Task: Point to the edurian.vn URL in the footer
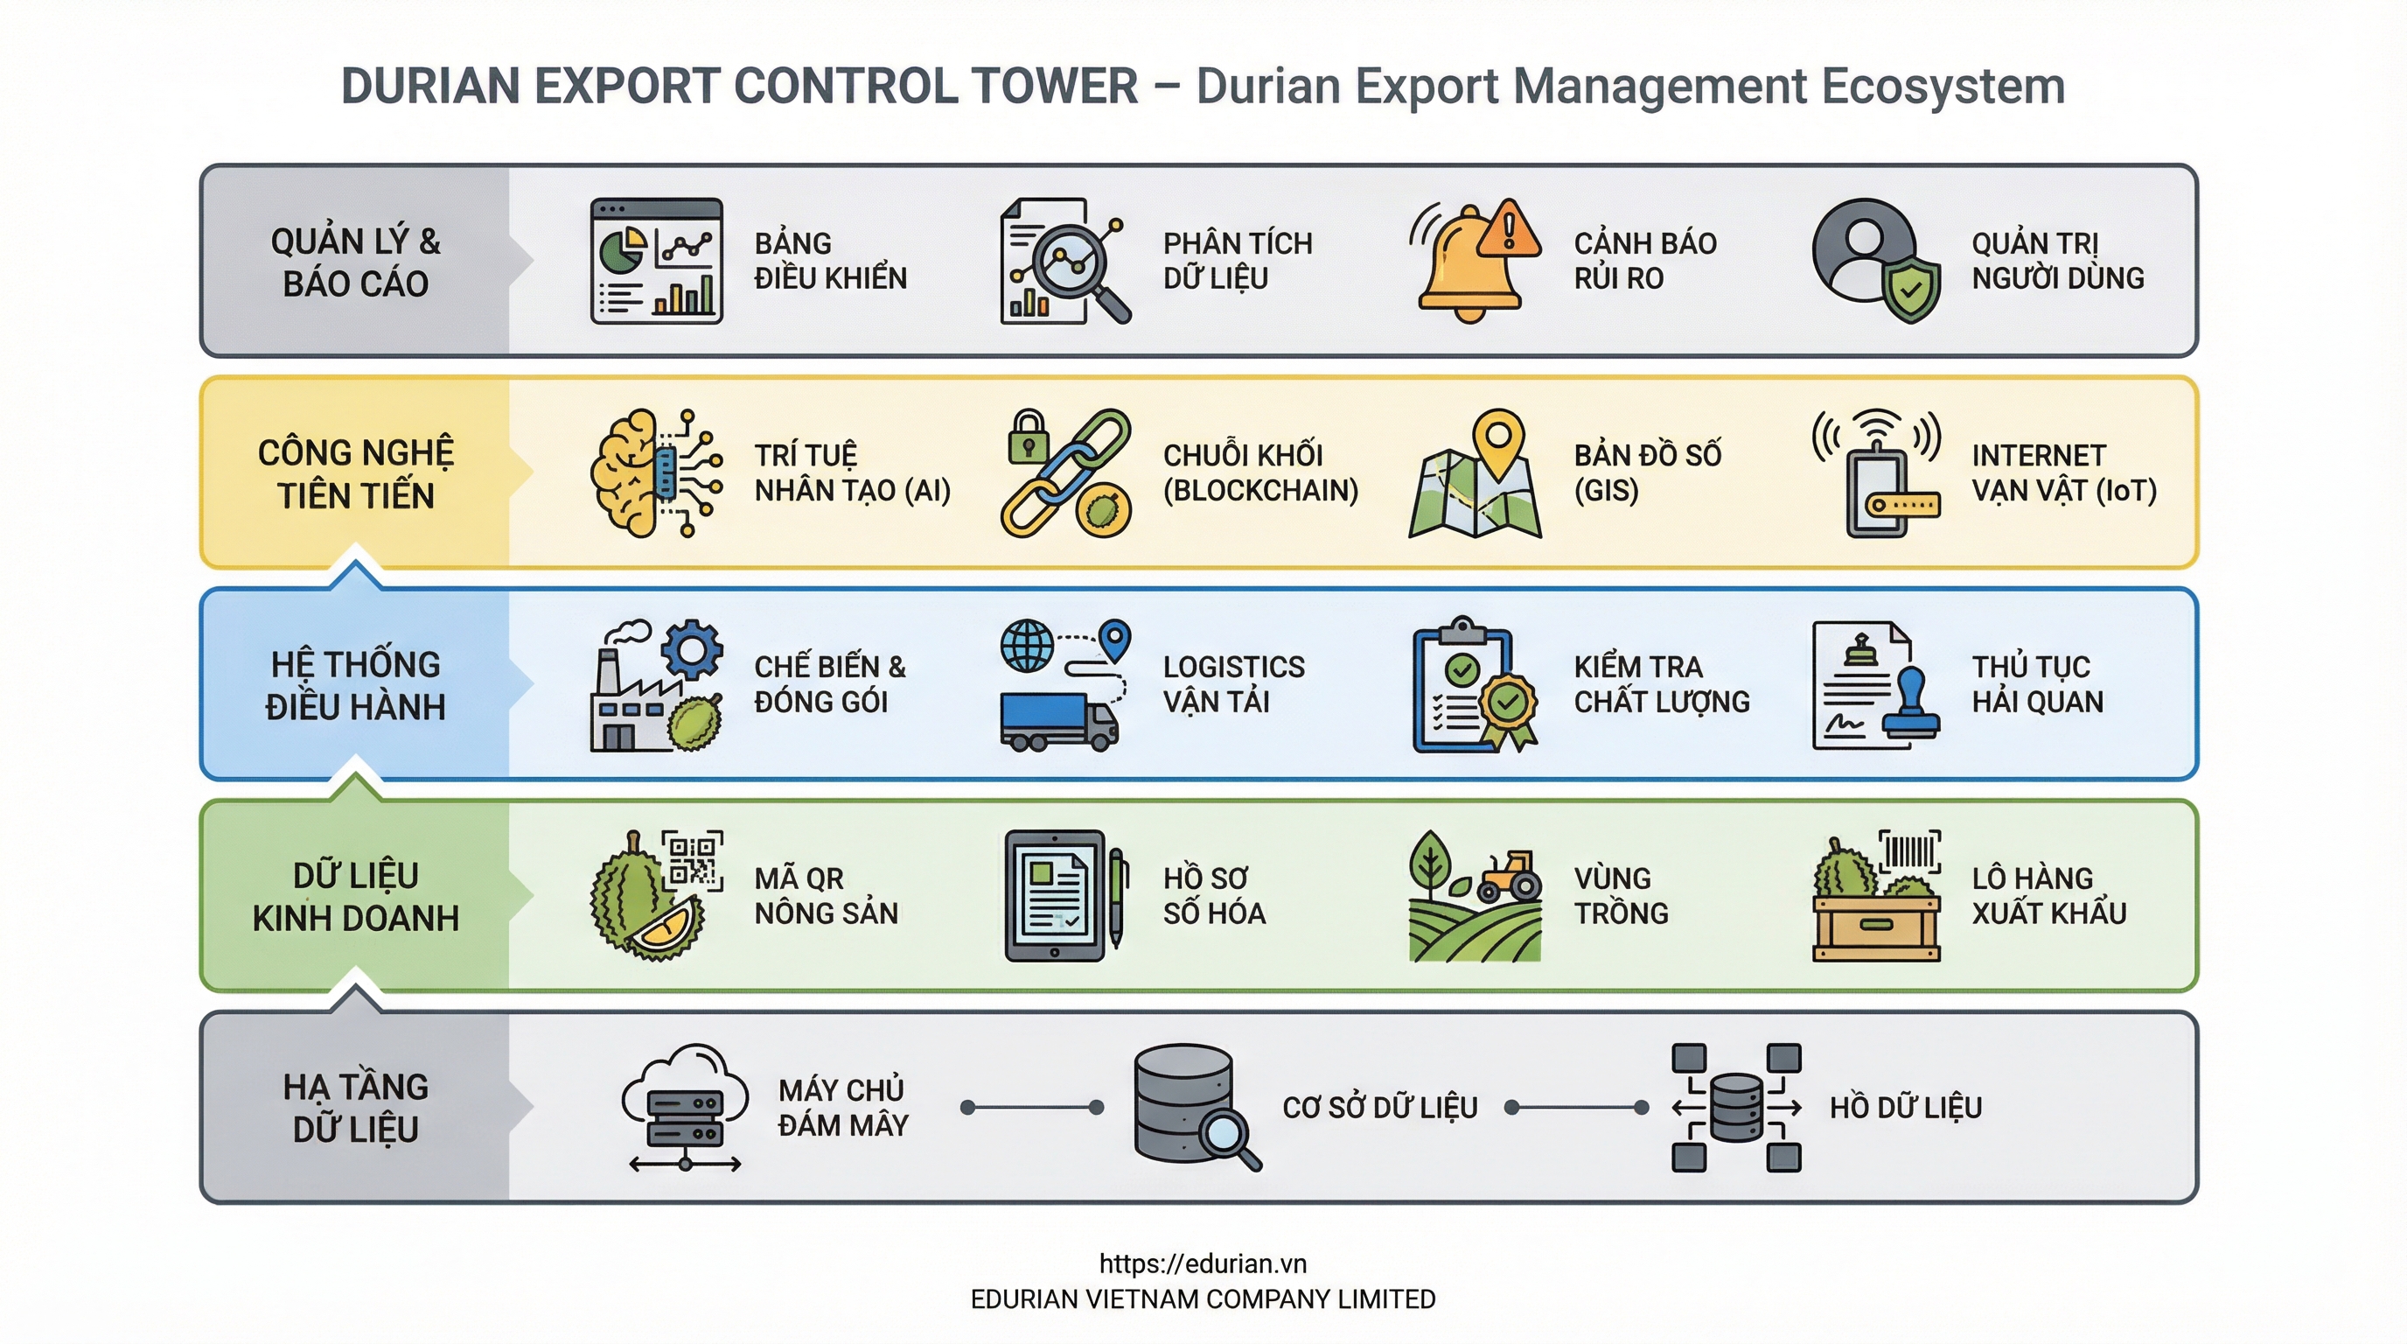pyautogui.click(x=1203, y=1263)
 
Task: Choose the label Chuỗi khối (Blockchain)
pyautogui.click(x=1259, y=472)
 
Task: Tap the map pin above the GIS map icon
pyautogui.click(x=1498, y=439)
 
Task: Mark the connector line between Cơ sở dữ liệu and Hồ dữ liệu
pyautogui.click(x=1575, y=1108)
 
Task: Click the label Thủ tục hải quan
pyautogui.click(x=2037, y=684)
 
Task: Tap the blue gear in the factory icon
pyautogui.click(x=692, y=648)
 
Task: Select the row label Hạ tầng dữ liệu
pyautogui.click(x=355, y=1108)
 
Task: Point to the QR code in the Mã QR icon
pyautogui.click(x=693, y=860)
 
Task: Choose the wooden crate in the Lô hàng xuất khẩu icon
pyautogui.click(x=1876, y=927)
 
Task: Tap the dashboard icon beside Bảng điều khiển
pyautogui.click(x=656, y=262)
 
